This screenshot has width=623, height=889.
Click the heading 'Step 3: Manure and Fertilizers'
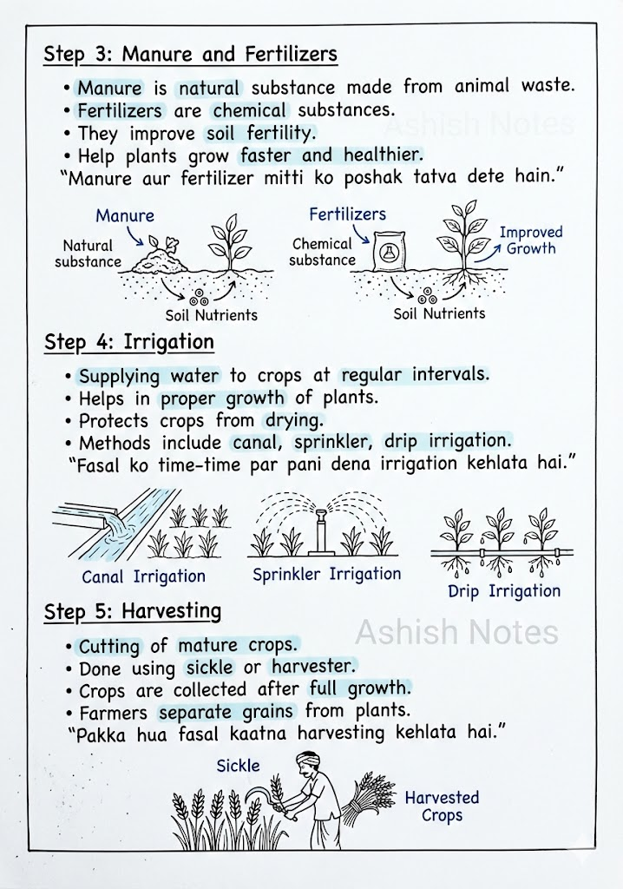click(x=190, y=55)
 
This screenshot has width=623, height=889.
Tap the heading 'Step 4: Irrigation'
click(x=129, y=342)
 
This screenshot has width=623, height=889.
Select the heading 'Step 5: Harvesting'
click(x=133, y=612)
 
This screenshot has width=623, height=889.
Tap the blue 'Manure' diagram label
click(x=125, y=215)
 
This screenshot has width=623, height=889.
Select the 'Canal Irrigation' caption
click(x=143, y=576)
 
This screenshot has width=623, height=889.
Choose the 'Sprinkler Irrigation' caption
click(x=326, y=574)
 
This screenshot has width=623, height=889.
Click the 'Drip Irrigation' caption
click(x=504, y=591)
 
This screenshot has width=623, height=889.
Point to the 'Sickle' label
click(x=238, y=766)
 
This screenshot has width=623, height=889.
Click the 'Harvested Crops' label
click(x=442, y=807)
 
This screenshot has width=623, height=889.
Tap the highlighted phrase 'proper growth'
click(x=222, y=398)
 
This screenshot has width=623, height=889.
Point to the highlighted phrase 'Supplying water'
click(x=149, y=376)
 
